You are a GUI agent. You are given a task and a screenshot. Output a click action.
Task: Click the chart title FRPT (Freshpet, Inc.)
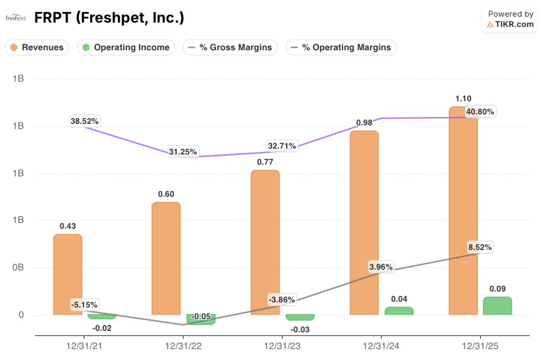click(109, 17)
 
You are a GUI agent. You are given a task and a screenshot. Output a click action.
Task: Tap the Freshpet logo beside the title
click(16, 18)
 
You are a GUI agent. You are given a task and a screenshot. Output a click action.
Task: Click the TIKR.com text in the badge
click(514, 24)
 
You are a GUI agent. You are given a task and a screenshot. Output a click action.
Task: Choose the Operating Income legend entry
click(127, 47)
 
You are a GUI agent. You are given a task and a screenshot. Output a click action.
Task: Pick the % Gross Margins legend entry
click(230, 47)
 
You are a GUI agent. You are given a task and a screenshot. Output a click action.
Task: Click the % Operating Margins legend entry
click(341, 47)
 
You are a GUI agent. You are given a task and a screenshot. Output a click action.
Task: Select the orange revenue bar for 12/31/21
click(68, 275)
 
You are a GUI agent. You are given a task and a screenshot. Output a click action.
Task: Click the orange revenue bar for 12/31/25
click(463, 212)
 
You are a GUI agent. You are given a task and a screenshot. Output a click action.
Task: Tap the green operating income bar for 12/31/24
click(399, 311)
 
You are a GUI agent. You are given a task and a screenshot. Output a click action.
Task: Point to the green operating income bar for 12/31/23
click(300, 317)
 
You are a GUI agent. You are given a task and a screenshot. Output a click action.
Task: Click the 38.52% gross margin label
click(85, 121)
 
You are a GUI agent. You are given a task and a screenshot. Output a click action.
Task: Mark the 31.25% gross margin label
click(183, 152)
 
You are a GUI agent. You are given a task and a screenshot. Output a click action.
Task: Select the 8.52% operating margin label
click(480, 247)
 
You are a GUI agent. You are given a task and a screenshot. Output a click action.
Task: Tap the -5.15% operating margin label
click(84, 305)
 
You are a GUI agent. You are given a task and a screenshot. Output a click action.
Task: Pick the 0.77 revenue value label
click(265, 161)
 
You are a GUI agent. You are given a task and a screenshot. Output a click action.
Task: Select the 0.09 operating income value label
click(498, 289)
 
